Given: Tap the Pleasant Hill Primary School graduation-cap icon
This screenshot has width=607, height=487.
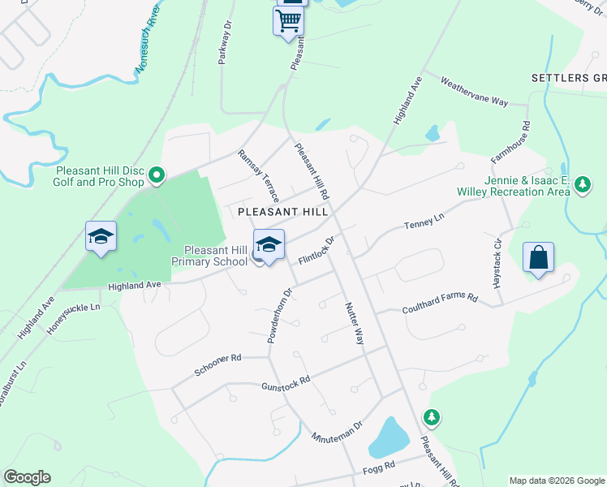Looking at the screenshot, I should tap(269, 243).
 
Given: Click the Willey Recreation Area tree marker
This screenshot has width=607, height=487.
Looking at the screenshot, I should tap(582, 186).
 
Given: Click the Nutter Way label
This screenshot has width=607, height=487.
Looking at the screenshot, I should tap(354, 322).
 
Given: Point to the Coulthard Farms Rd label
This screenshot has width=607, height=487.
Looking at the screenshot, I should tap(440, 304).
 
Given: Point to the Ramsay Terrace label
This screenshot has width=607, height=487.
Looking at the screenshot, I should tap(258, 176).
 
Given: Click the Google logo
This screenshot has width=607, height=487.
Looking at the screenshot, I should tap(27, 477).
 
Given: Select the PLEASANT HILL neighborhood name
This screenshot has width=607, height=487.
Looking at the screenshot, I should tap(282, 211).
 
